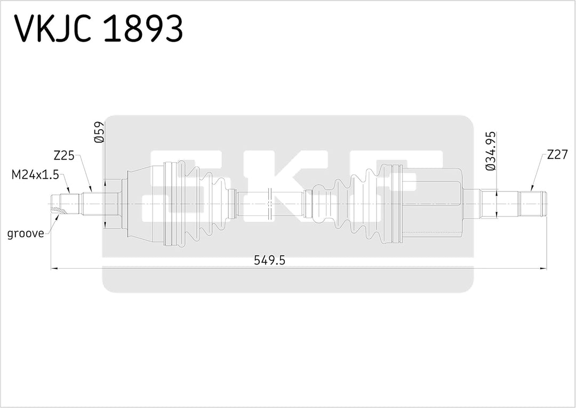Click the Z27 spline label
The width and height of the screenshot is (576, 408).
[x=557, y=155]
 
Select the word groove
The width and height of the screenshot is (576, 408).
[x=26, y=234]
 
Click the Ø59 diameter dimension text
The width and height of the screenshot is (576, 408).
[x=99, y=133]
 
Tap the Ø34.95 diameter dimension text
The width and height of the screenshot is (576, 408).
[x=491, y=151]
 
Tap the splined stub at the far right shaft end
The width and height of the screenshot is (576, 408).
[x=533, y=203]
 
